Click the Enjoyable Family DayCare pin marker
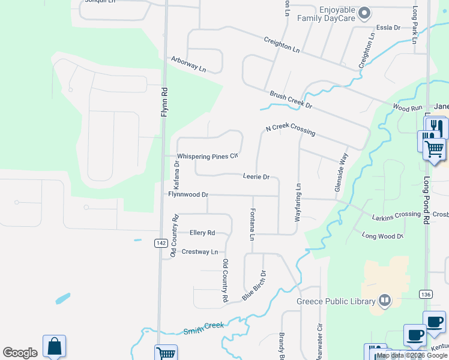(364, 13)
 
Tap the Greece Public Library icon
(385, 301)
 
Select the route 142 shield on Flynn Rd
(160, 242)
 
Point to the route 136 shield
(426, 294)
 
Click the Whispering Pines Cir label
(208, 157)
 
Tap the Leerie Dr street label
(256, 177)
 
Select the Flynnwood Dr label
(188, 194)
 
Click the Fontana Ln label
(252, 222)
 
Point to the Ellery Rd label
(202, 232)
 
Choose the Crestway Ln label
(199, 252)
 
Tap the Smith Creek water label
(203, 327)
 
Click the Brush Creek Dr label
(291, 100)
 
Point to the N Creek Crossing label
(291, 128)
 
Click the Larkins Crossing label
(396, 215)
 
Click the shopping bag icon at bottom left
(54, 346)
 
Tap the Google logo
(20, 353)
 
